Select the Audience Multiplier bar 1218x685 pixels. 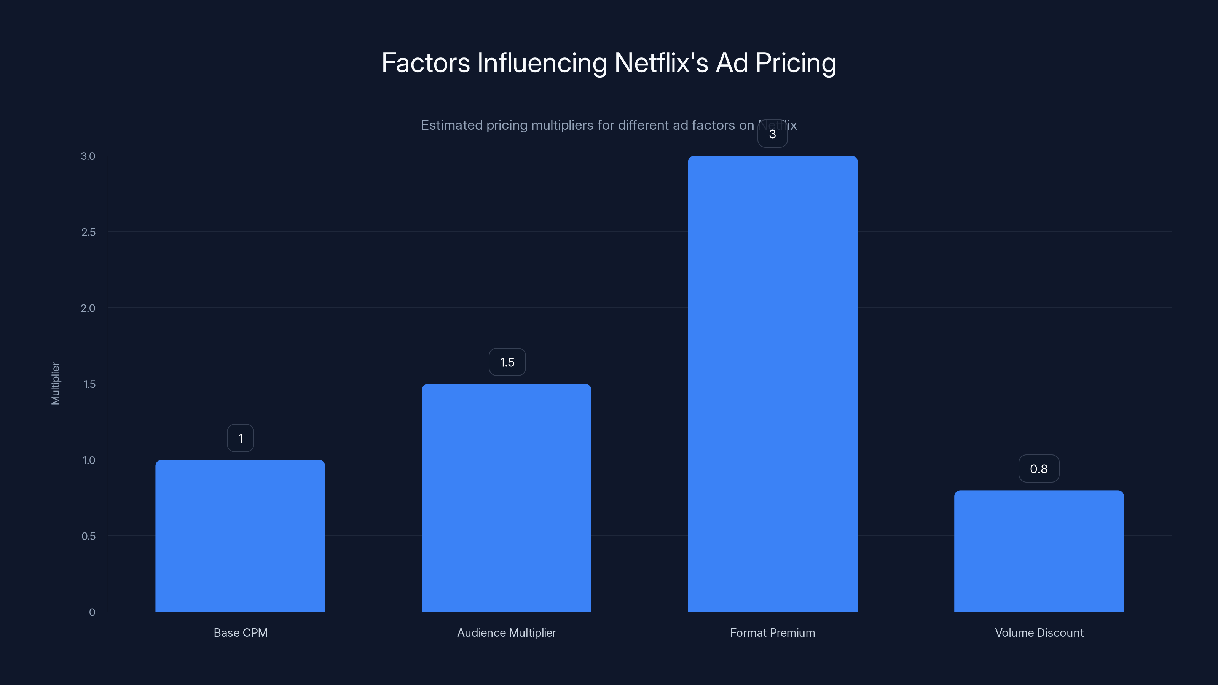[506, 497]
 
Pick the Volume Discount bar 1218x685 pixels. [1039, 551]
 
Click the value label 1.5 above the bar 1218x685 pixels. [507, 362]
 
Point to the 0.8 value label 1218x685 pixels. [1039, 468]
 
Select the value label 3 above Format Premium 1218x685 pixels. [773, 134]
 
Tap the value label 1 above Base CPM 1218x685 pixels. [240, 438]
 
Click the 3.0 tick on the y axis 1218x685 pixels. [88, 156]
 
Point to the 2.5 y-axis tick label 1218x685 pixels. [88, 232]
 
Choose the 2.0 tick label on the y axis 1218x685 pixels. [88, 308]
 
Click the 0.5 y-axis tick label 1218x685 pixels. [88, 536]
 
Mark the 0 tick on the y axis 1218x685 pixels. [92, 612]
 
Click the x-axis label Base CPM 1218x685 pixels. [240, 632]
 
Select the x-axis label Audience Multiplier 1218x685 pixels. [506, 632]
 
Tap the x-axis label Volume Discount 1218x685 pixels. [1039, 632]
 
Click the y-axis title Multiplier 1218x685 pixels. [55, 383]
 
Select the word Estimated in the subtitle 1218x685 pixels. [451, 125]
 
